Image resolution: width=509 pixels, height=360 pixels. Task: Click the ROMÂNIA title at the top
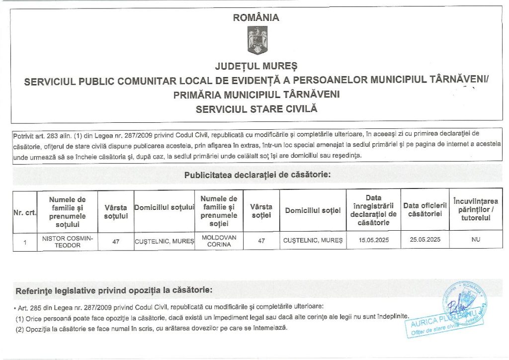(x=256, y=17)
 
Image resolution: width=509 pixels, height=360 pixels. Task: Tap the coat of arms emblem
(x=257, y=41)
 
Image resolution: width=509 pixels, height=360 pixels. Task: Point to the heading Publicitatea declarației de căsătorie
(x=257, y=175)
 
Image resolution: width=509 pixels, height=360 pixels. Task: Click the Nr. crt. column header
(x=24, y=212)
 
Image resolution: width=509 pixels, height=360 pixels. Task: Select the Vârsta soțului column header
(x=116, y=212)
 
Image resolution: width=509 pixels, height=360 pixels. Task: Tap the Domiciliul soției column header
(x=313, y=211)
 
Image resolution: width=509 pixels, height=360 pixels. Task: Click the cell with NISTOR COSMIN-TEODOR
(x=67, y=241)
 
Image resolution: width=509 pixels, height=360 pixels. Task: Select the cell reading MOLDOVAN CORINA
(x=219, y=241)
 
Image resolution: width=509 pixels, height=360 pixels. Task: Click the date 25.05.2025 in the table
(x=425, y=240)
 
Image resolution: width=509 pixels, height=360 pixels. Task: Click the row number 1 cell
(x=24, y=242)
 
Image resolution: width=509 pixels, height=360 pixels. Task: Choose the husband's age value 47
(x=116, y=242)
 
